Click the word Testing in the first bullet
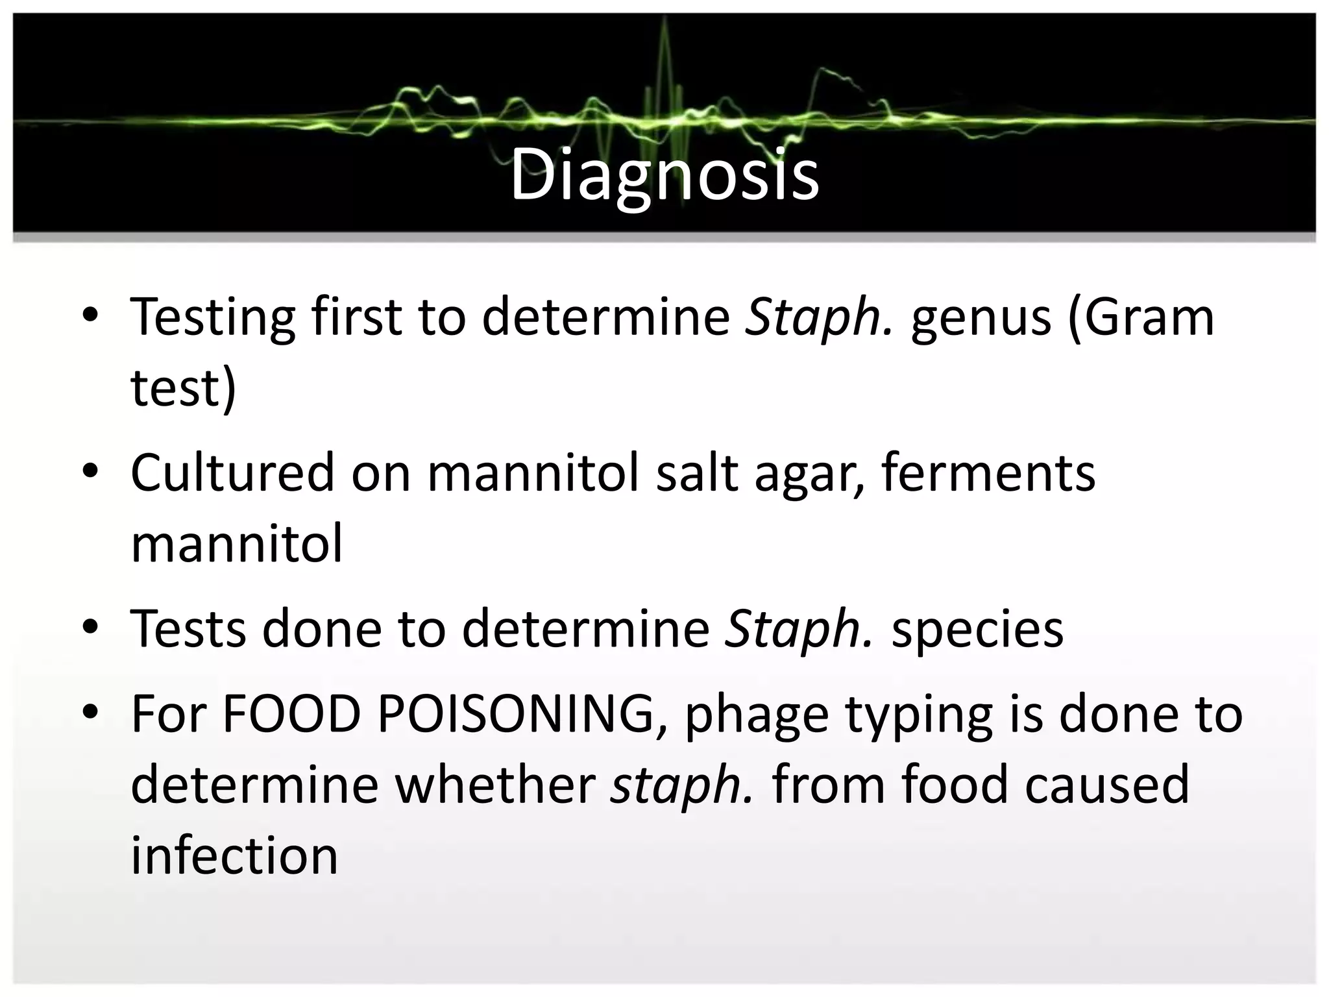pos(213,318)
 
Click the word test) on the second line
pos(184,388)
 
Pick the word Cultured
pos(232,473)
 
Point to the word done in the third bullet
pos(321,628)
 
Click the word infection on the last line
pos(234,855)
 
